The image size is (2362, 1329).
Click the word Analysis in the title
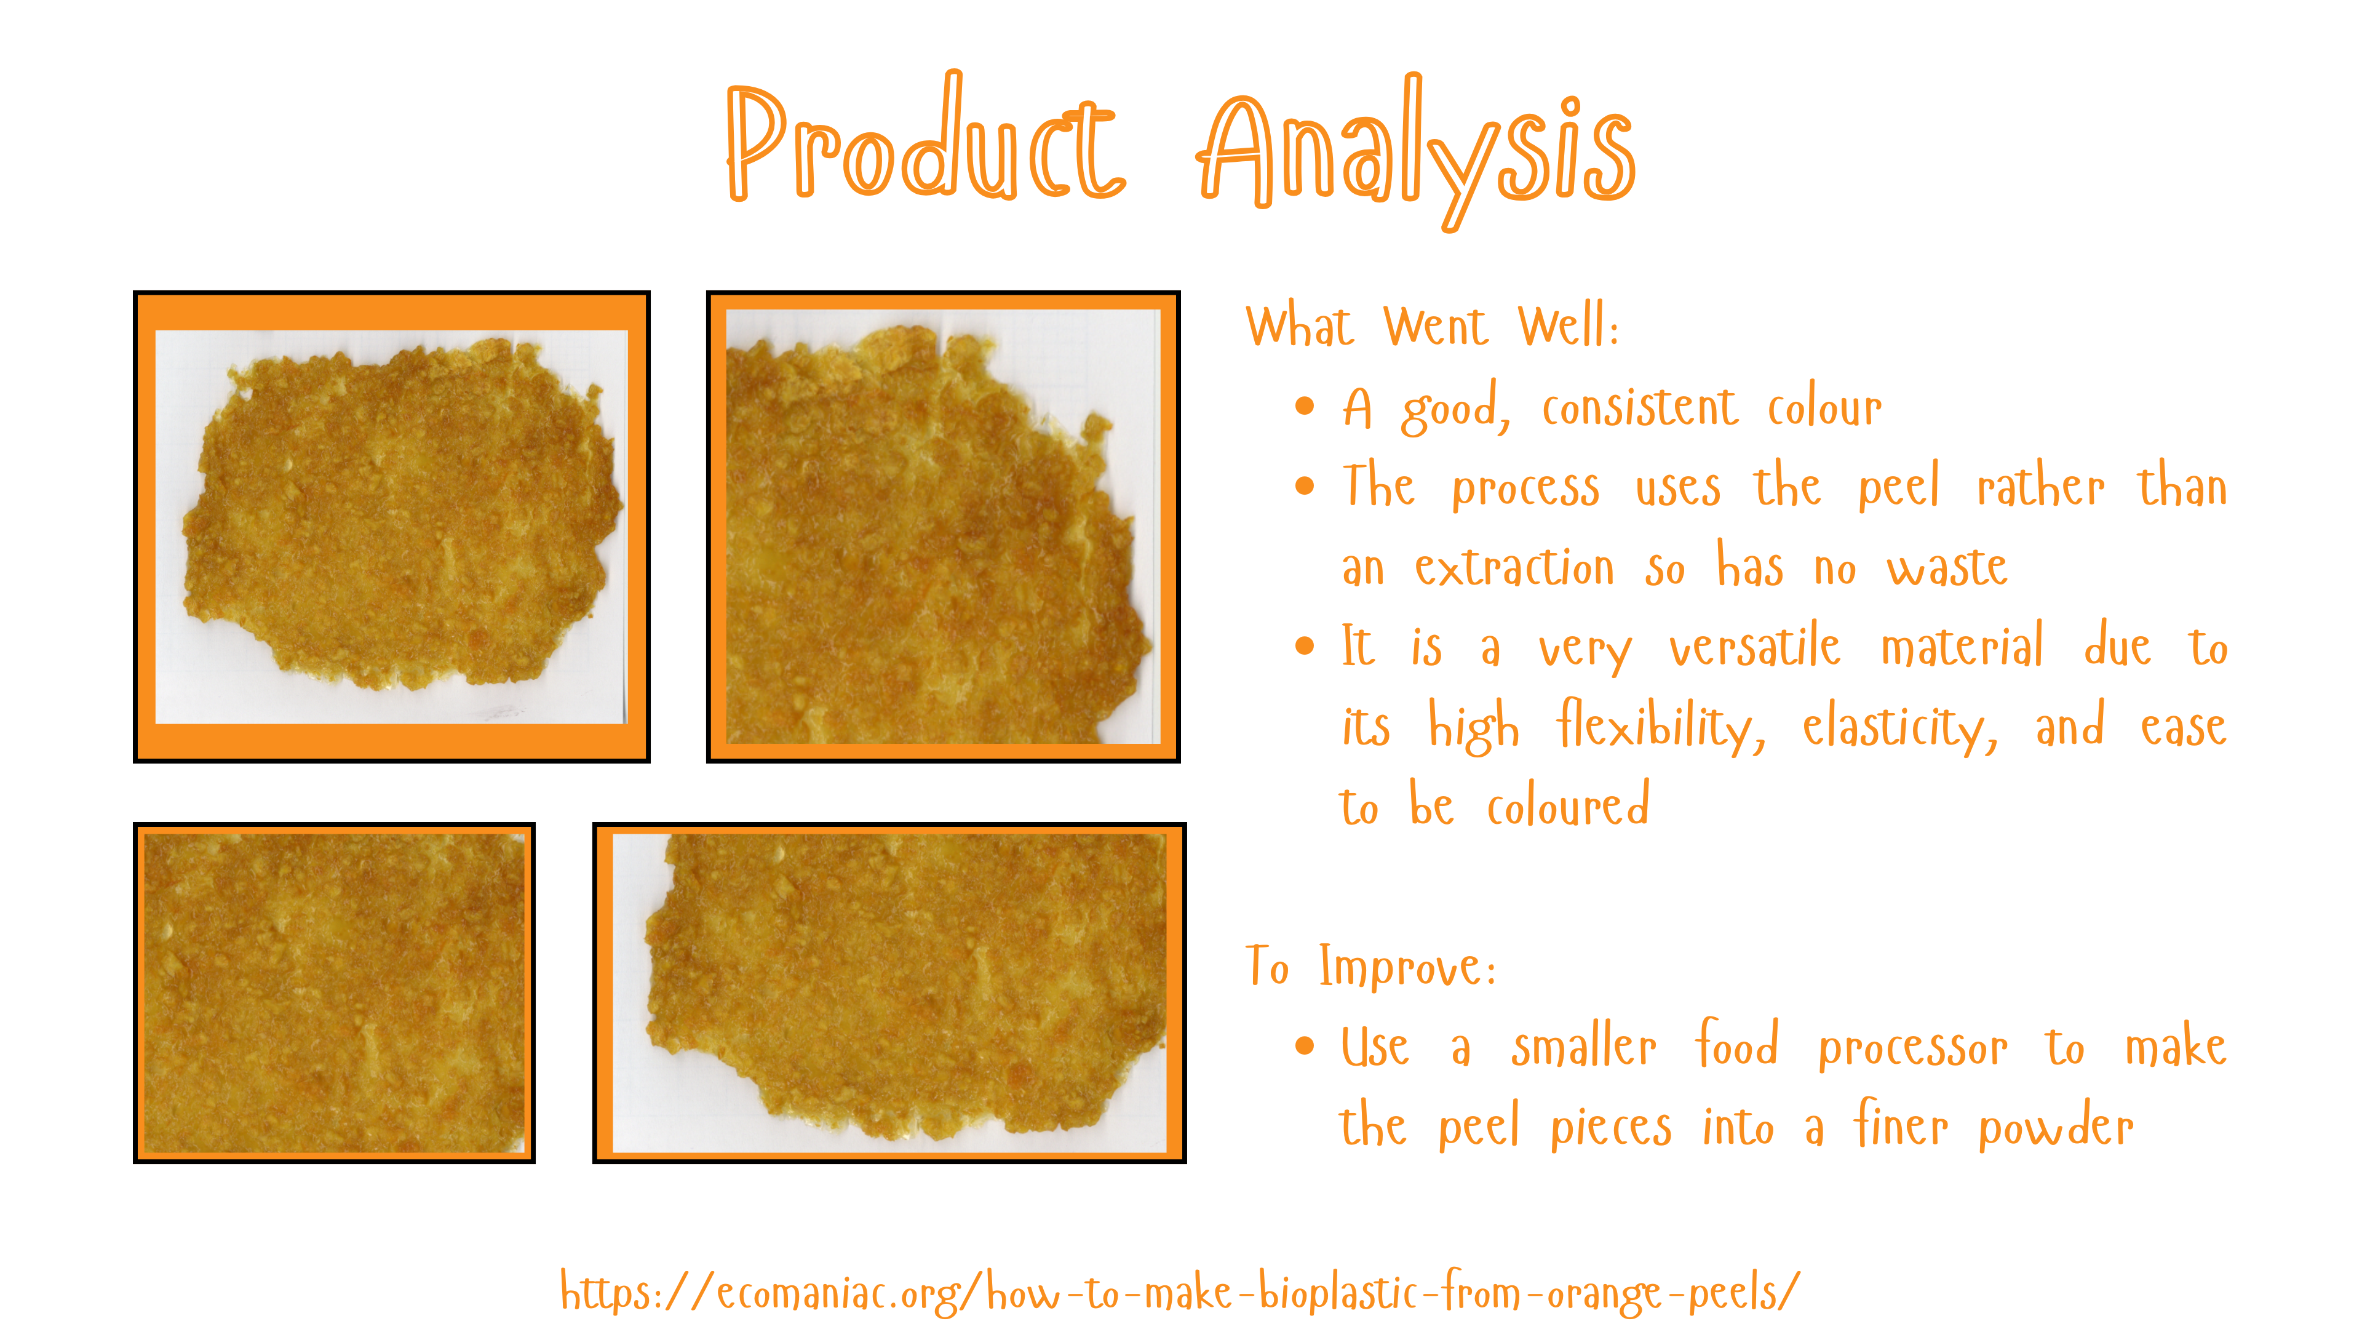click(1417, 151)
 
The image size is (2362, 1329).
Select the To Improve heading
click(1372, 967)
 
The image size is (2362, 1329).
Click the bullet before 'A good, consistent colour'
click(1305, 405)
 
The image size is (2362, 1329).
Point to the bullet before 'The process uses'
click(1305, 485)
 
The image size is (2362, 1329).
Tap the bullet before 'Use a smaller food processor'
click(1305, 1045)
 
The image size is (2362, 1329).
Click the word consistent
click(1639, 407)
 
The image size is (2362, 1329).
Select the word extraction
click(1514, 567)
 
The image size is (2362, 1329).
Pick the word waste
click(1947, 567)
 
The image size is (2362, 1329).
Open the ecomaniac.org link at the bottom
click(1180, 1292)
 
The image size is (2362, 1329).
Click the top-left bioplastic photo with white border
click(392, 527)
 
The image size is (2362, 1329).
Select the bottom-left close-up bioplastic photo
click(334, 992)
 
